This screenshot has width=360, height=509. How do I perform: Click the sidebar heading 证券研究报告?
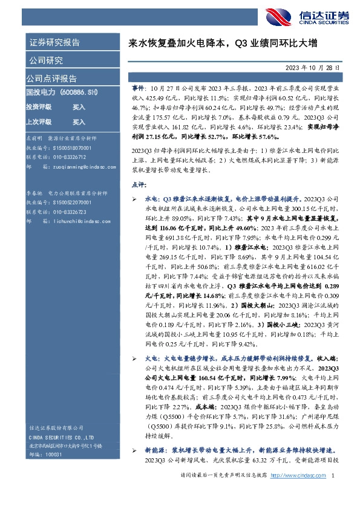click(x=54, y=43)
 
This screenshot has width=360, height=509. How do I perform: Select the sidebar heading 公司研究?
click(x=46, y=60)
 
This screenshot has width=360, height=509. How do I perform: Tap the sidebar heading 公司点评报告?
click(x=51, y=79)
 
